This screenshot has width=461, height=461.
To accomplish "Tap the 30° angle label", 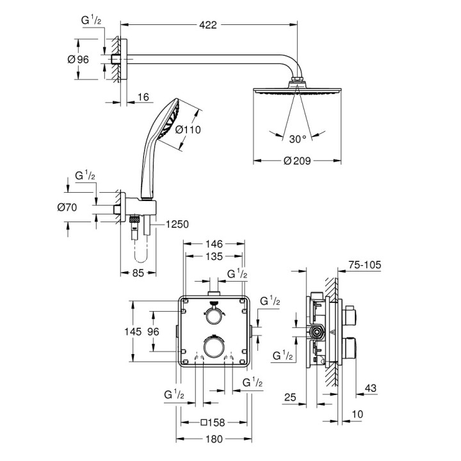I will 298,137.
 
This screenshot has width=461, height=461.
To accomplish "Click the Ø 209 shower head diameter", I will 297,161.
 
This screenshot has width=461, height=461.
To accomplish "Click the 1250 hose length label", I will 176,224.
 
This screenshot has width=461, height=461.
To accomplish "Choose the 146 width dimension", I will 214,244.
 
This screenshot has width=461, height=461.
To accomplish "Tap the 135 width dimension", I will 214,257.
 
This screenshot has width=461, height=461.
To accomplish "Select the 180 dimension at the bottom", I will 214,439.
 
